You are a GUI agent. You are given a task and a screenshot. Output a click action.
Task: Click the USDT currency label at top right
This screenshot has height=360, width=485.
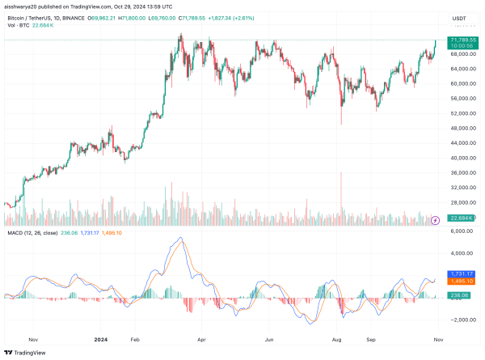click(458, 17)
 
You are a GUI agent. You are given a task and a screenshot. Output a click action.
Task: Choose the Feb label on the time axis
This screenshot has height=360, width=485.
click(135, 341)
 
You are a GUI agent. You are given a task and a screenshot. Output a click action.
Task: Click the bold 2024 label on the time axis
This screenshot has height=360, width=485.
click(100, 341)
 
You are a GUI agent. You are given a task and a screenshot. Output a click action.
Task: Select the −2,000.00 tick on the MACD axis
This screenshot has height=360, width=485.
click(458, 320)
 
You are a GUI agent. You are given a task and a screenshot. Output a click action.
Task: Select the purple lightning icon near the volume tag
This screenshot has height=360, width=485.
click(436, 219)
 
